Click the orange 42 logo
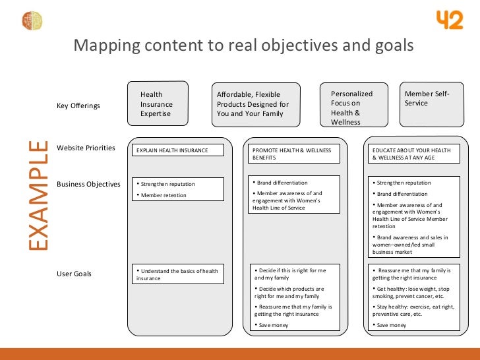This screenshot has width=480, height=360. [x=450, y=20]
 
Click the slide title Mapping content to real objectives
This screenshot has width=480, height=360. [x=243, y=46]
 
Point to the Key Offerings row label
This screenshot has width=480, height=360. [x=78, y=105]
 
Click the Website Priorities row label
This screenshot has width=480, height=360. [x=86, y=148]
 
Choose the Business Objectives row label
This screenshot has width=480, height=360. [x=88, y=184]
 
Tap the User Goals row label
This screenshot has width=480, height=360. [x=75, y=274]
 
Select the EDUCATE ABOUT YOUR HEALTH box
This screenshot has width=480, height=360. [x=413, y=154]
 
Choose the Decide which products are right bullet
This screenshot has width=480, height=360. [x=290, y=292]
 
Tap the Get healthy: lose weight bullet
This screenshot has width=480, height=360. [x=413, y=292]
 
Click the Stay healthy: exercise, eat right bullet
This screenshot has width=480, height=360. [x=413, y=311]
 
